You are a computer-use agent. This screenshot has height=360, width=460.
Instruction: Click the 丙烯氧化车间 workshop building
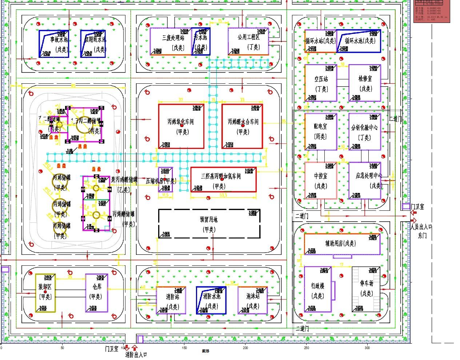click(x=181, y=126)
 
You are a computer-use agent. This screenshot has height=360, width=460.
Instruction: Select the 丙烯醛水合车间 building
click(x=242, y=126)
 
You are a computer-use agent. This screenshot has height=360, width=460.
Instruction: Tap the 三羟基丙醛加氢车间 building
click(x=223, y=182)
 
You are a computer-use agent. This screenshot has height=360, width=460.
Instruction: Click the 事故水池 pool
click(x=54, y=44)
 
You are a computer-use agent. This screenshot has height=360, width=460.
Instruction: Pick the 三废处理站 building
click(x=171, y=42)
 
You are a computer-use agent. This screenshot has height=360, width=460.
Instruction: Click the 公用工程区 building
click(x=248, y=41)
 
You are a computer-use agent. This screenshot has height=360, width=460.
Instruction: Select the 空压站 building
click(x=321, y=83)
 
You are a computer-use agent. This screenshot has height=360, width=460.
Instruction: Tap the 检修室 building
click(x=365, y=83)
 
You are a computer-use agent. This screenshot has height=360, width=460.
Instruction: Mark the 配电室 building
click(x=321, y=131)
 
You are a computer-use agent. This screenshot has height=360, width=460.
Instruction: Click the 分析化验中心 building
click(x=365, y=131)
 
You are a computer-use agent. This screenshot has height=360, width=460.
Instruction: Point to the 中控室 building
click(x=321, y=181)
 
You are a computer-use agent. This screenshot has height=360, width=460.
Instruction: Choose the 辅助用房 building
click(x=342, y=244)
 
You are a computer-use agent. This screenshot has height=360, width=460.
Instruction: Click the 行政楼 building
click(x=317, y=289)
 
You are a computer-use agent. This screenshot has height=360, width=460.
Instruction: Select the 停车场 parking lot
click(x=366, y=289)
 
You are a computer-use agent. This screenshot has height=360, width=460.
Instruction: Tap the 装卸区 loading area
click(x=45, y=292)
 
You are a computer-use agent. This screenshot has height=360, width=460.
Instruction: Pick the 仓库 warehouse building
click(x=97, y=292)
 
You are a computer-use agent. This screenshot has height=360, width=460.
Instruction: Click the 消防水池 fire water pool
click(x=211, y=300)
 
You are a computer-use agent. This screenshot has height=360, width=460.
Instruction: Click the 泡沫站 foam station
click(x=252, y=300)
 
